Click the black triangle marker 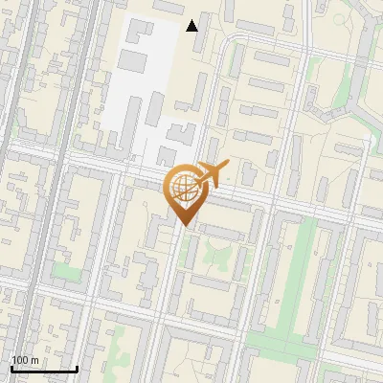pyautogui.click(x=192, y=25)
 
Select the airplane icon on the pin pyautogui.click(x=211, y=174)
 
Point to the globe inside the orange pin pyautogui.click(x=183, y=187)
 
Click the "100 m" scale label pyautogui.click(x=26, y=360)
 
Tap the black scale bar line pyautogui.click(x=44, y=369)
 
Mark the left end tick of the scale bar pyautogui.click(x=11, y=367)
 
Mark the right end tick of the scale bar pyautogui.click(x=77, y=367)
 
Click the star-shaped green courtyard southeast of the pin pyautogui.click(x=212, y=255)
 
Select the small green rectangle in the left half pyautogui.click(x=66, y=272)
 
